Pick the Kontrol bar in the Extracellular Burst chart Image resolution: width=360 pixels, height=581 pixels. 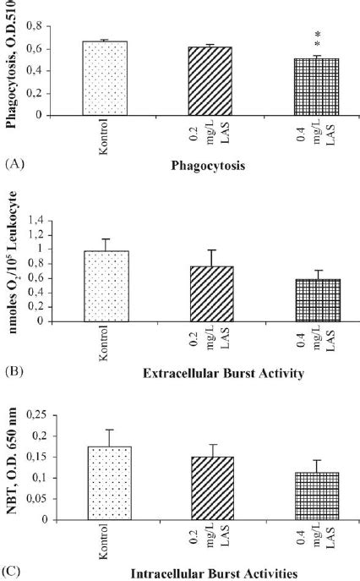[x=106, y=287]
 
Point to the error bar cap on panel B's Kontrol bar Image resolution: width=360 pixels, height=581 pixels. [x=106, y=238]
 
